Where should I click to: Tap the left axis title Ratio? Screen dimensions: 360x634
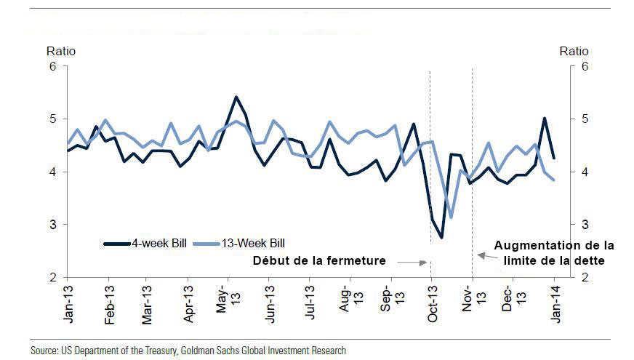61,51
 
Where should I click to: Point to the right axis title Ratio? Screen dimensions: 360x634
574,51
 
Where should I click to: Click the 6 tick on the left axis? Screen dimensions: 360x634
52,66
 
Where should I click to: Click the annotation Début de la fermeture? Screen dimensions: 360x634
318,260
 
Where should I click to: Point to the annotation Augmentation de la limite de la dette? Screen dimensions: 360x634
554,253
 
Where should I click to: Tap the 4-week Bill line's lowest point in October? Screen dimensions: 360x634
441,237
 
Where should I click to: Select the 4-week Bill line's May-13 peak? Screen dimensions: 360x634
236,97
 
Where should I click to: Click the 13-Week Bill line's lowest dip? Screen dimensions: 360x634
452,217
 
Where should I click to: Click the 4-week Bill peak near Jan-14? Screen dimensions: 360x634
545,118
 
